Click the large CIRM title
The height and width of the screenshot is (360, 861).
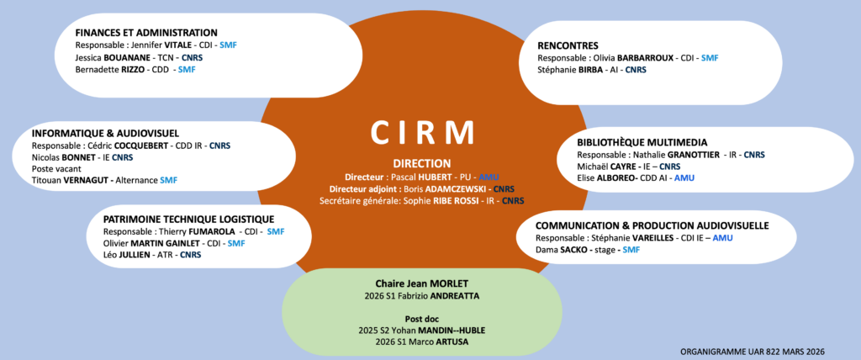coord(424,134)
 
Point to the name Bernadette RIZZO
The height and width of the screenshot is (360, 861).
coord(109,70)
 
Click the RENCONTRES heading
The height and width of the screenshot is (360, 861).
coord(568,45)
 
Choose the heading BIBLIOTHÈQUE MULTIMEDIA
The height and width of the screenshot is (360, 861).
coord(642,142)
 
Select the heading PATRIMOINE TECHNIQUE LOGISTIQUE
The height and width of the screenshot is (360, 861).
coord(188,219)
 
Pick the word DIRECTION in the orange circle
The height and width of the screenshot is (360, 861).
coord(422,163)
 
